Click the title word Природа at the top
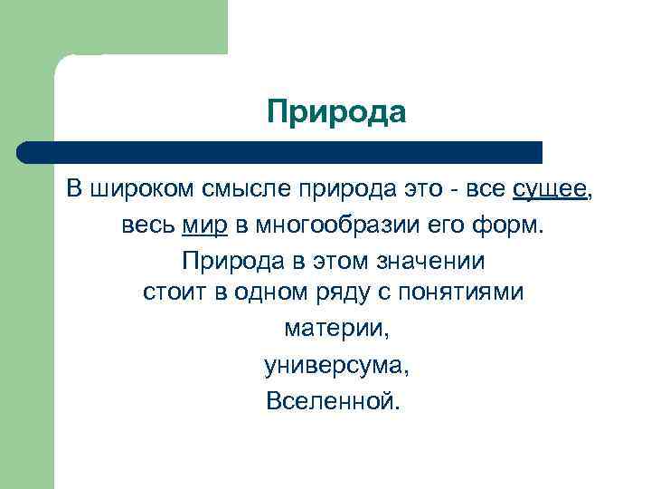tap(336, 112)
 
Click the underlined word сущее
tap(549, 189)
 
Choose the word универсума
tap(335, 365)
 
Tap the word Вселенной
tap(332, 399)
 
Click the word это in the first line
tap(426, 189)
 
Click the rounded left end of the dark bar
tap(24, 152)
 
